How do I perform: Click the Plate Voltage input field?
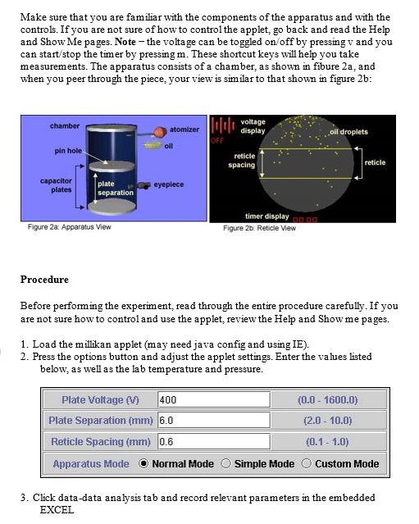pos(214,399)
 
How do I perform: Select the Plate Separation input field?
pos(214,420)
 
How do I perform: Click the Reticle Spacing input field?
pos(214,441)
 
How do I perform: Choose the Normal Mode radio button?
pos(143,463)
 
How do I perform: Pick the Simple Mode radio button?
pos(225,463)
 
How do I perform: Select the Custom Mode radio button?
pos(307,463)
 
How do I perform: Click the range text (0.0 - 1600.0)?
pos(327,400)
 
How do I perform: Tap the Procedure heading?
pos(44,280)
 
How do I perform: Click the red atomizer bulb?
pos(161,132)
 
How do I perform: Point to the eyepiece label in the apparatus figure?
pos(168,185)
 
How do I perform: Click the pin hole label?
pos(68,151)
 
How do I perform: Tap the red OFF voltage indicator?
pos(216,140)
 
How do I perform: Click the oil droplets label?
pos(348,132)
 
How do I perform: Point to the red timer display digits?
pos(305,220)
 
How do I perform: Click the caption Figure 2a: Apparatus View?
pos(69,227)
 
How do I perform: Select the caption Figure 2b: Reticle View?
pos(259,228)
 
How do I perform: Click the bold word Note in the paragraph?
pos(125,42)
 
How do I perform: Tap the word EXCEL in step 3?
pos(57,510)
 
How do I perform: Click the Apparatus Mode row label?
pos(91,464)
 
